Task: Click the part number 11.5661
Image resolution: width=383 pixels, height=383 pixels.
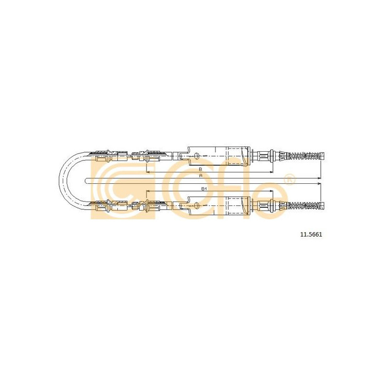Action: (311, 235)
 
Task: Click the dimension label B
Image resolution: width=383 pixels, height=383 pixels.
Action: (200, 169)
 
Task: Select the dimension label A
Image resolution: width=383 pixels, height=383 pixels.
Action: (201, 175)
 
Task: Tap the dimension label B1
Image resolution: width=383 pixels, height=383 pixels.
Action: (204, 189)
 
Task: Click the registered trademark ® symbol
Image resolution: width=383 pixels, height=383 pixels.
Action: (290, 179)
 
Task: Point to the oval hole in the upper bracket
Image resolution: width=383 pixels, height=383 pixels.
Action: (196, 156)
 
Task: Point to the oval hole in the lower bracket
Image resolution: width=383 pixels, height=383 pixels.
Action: (196, 206)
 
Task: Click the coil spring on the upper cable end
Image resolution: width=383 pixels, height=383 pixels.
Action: (304, 156)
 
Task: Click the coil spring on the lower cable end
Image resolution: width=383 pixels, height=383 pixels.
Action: (304, 206)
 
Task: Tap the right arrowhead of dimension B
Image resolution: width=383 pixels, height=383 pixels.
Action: (271, 172)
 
